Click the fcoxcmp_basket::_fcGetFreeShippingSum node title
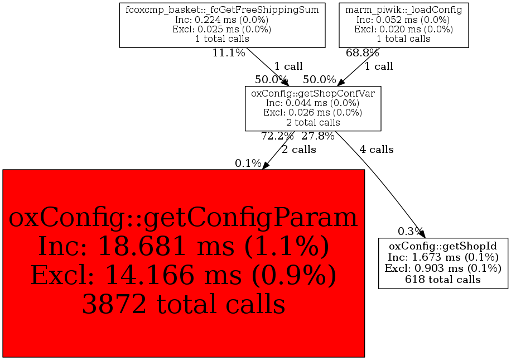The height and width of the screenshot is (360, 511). tap(222, 10)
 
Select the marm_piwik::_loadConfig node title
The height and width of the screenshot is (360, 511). tap(403, 10)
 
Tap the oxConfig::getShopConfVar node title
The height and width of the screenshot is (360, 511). tap(313, 93)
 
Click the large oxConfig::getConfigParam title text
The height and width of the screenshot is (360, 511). tap(183, 218)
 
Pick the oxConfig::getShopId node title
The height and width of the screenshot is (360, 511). tap(443, 246)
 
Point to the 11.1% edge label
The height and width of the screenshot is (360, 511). tap(229, 52)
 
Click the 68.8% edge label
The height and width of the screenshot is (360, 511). tap(362, 52)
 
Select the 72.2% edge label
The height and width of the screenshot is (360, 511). tap(277, 136)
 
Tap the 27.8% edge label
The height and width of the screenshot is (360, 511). tap(318, 136)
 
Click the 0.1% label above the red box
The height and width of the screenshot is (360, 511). tap(248, 163)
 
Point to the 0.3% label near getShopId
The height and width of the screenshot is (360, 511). tap(410, 231)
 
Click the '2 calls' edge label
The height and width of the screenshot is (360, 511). tap(299, 150)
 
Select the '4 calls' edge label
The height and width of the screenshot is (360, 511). tap(377, 150)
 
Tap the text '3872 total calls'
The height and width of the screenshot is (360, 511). tap(184, 304)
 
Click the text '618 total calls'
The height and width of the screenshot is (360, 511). tap(443, 280)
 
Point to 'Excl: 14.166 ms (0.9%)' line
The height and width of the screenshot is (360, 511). tap(183, 275)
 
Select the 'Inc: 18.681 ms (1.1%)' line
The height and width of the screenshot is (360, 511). tap(183, 246)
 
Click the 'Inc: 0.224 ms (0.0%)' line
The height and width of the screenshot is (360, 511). tap(222, 20)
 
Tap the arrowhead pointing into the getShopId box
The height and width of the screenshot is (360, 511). tap(422, 234)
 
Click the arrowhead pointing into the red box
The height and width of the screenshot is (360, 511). tap(266, 165)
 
